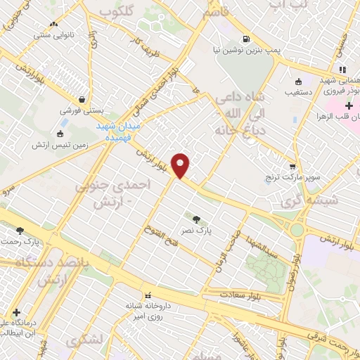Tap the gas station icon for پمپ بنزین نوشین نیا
(x=245, y=39)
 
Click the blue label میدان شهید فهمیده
(x=119, y=130)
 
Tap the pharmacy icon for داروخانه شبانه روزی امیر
(x=148, y=295)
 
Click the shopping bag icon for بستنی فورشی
(x=84, y=100)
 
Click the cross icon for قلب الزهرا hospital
(x=349, y=105)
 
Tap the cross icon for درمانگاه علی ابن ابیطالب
(x=16, y=312)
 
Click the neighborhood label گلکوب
(x=116, y=12)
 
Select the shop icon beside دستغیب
(x=299, y=80)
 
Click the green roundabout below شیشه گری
(x=297, y=229)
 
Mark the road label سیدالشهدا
(x=262, y=245)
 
